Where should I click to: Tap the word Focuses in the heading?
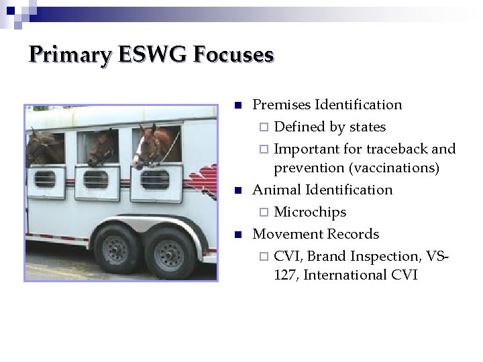[x=233, y=54]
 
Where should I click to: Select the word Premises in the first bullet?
[x=280, y=105]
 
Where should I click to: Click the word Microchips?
[x=310, y=212]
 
